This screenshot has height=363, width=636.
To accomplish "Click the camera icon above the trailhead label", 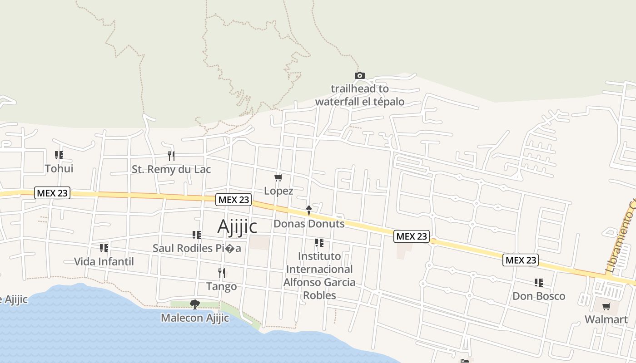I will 359,75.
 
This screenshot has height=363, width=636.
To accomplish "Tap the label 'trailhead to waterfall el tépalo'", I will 359,95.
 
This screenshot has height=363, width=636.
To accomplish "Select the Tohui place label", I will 59,169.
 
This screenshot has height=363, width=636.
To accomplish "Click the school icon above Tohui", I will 59,155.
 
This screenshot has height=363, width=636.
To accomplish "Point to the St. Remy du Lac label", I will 171,170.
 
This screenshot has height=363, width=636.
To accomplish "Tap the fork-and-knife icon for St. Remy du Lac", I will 171,156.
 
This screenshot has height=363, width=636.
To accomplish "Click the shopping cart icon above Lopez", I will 278,177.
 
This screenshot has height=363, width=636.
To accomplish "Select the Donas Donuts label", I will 309,224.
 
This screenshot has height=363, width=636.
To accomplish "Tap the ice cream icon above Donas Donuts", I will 309,210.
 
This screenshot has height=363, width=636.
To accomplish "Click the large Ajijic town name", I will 237,226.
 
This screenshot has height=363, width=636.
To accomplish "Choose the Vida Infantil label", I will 104,262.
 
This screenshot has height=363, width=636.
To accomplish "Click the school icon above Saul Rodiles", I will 197,235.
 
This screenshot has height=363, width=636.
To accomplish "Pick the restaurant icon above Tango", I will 222,273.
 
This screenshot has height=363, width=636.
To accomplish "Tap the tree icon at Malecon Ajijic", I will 195,304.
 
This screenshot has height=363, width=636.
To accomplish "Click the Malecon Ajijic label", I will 195,318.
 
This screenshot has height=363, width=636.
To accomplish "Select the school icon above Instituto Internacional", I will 319,243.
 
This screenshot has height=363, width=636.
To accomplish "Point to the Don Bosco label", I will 539,296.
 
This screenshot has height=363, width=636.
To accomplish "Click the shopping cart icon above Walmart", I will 606,306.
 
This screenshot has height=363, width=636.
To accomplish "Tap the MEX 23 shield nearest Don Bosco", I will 521,260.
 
